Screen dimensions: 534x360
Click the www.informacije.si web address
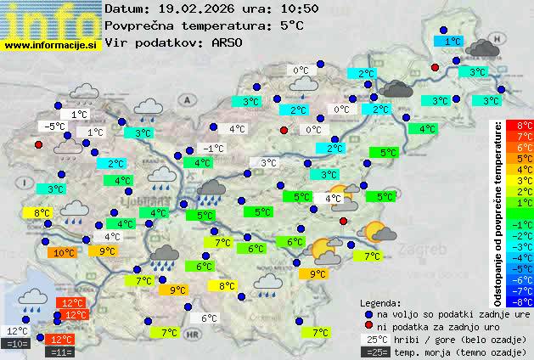[x=51, y=44]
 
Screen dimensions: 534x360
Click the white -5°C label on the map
[x=55, y=127]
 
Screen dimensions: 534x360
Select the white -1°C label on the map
[x=214, y=149]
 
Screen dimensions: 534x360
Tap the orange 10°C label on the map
[x=64, y=252]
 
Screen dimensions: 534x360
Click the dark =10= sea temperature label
[x=17, y=344]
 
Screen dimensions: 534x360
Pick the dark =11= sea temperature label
[x=63, y=351]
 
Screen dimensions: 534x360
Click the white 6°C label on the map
[x=210, y=318]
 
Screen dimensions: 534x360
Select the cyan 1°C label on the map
[x=452, y=41]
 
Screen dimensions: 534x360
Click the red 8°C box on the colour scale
[x=525, y=125]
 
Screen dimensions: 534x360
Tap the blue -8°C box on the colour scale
[x=525, y=301]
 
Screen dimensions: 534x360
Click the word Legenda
[x=380, y=303]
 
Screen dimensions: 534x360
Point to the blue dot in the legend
[x=368, y=314]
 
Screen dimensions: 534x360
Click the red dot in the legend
[x=368, y=326]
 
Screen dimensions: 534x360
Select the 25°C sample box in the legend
[x=374, y=339]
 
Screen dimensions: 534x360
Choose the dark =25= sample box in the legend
[x=374, y=351]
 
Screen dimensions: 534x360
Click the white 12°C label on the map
[x=18, y=331]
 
